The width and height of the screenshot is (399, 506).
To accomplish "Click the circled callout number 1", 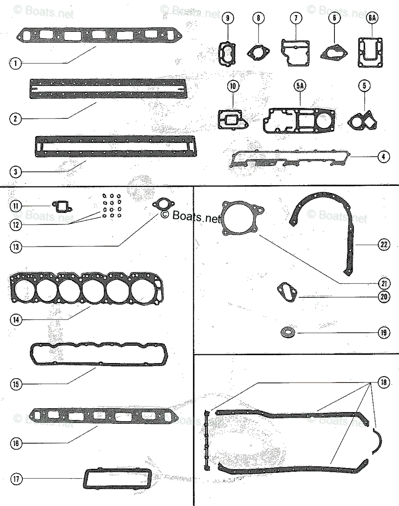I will click(15, 63).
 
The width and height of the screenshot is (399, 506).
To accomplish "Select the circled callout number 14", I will click(15, 319).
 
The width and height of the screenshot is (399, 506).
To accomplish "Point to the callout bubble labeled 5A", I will click(299, 86).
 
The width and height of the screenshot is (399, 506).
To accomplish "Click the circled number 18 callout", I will click(383, 382).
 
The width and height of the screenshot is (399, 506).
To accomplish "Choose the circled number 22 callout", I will click(383, 244).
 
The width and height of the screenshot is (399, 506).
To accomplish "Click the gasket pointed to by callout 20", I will click(284, 291).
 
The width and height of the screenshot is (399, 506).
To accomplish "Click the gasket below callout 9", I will click(227, 54).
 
